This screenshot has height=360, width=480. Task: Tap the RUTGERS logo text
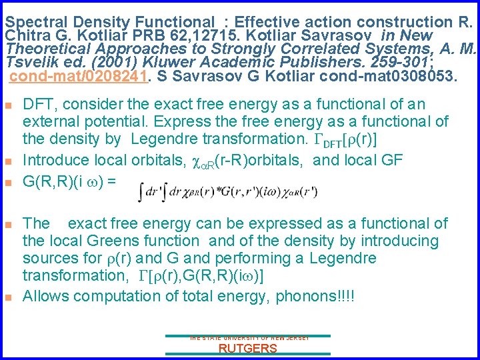248,349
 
